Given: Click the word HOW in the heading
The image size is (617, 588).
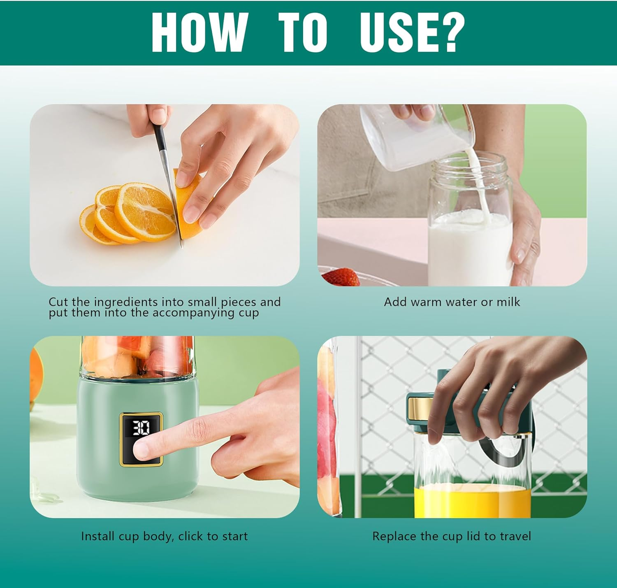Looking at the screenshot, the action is coord(198,32).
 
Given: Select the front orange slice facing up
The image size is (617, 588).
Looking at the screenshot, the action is coord(145,211).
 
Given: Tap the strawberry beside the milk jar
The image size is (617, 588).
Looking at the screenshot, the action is coord(341,277).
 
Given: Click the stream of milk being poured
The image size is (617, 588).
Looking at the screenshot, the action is coord(477,185).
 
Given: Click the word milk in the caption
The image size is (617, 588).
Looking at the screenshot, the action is coord(508,302).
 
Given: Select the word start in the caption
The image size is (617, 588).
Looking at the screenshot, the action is coord(235,537).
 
